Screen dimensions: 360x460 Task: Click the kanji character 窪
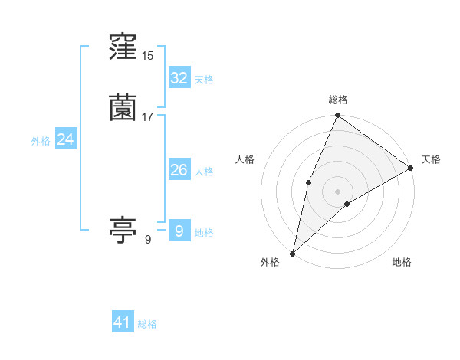(123, 48)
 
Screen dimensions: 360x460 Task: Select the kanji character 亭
(123, 230)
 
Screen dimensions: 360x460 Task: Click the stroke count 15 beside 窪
(149, 56)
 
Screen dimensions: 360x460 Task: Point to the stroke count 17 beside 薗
(149, 116)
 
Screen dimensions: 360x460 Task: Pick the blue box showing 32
(179, 78)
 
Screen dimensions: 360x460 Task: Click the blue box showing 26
(179, 170)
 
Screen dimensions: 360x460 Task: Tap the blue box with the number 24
(66, 139)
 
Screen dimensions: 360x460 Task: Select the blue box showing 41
(123, 322)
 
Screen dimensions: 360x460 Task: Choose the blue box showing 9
(179, 231)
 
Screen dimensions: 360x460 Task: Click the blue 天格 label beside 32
(204, 80)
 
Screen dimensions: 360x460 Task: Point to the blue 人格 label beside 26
(204, 172)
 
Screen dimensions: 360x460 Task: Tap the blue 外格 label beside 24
(41, 141)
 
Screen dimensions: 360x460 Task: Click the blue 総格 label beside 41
(147, 324)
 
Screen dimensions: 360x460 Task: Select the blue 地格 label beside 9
(204, 232)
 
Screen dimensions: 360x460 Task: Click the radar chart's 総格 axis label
(338, 100)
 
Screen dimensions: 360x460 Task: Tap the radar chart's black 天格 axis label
(431, 159)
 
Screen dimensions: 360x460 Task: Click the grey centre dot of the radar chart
(337, 191)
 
